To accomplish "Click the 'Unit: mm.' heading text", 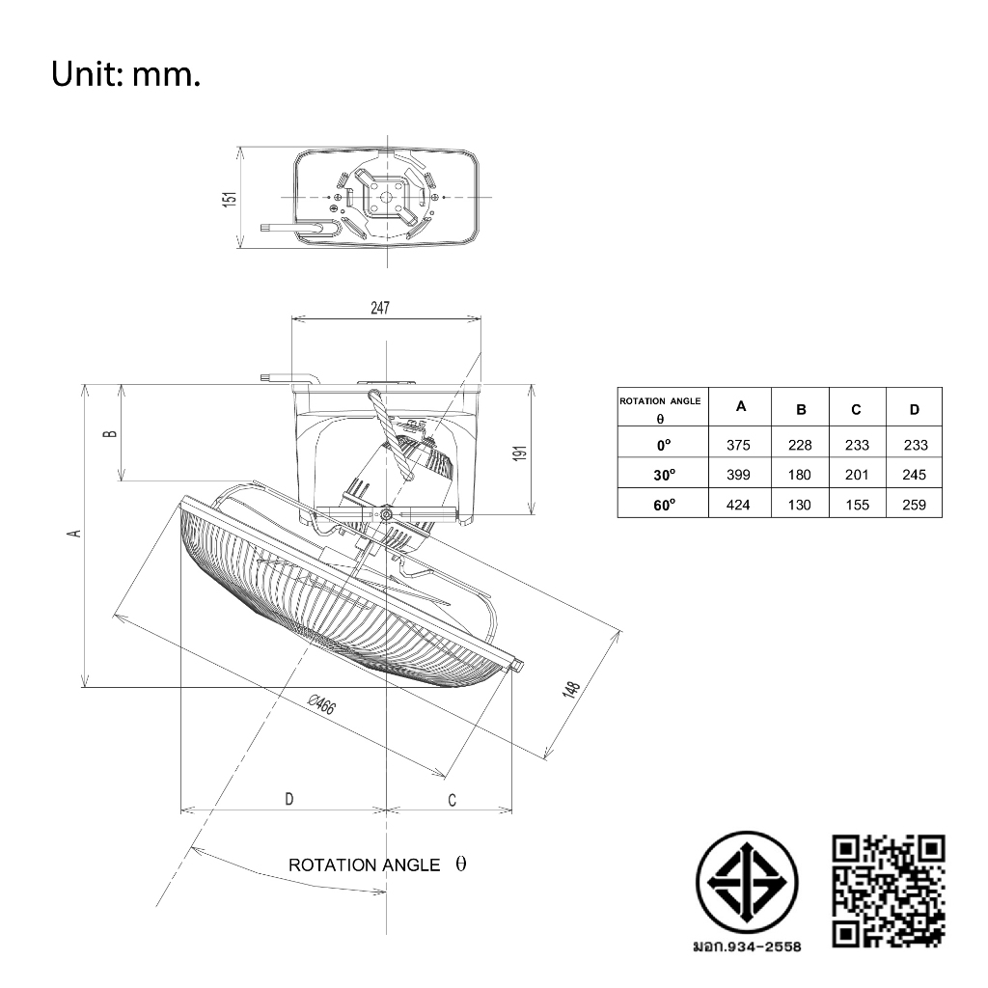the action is pos(126,74).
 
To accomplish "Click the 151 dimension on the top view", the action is pos(230,199).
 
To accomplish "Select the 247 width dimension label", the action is pos(380,308).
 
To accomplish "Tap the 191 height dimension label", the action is pos(520,453).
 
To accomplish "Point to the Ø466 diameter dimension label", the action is pos(321,703).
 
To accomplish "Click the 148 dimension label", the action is pos(570,689).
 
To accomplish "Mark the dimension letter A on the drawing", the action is pos(75,533).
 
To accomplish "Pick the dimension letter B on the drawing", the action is pos(110,433).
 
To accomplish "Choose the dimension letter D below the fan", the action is pos(289,799).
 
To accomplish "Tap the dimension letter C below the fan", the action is pos(452,800).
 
